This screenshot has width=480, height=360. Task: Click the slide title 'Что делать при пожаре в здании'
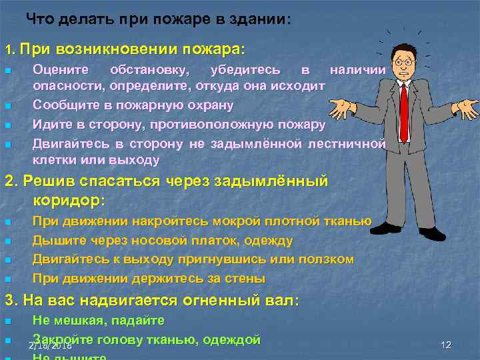tap(159, 19)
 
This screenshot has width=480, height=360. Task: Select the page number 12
tap(446, 344)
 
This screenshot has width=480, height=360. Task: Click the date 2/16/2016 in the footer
tap(50, 347)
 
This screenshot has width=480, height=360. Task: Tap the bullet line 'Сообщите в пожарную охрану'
tap(133, 105)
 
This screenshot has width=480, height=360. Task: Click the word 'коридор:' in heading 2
tap(69, 199)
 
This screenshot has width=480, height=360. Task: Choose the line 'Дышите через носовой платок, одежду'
tap(163, 240)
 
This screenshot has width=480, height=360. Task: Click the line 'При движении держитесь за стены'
tap(149, 277)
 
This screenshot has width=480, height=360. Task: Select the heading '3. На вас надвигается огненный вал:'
tap(153, 300)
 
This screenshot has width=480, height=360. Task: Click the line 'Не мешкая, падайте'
tap(98, 321)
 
